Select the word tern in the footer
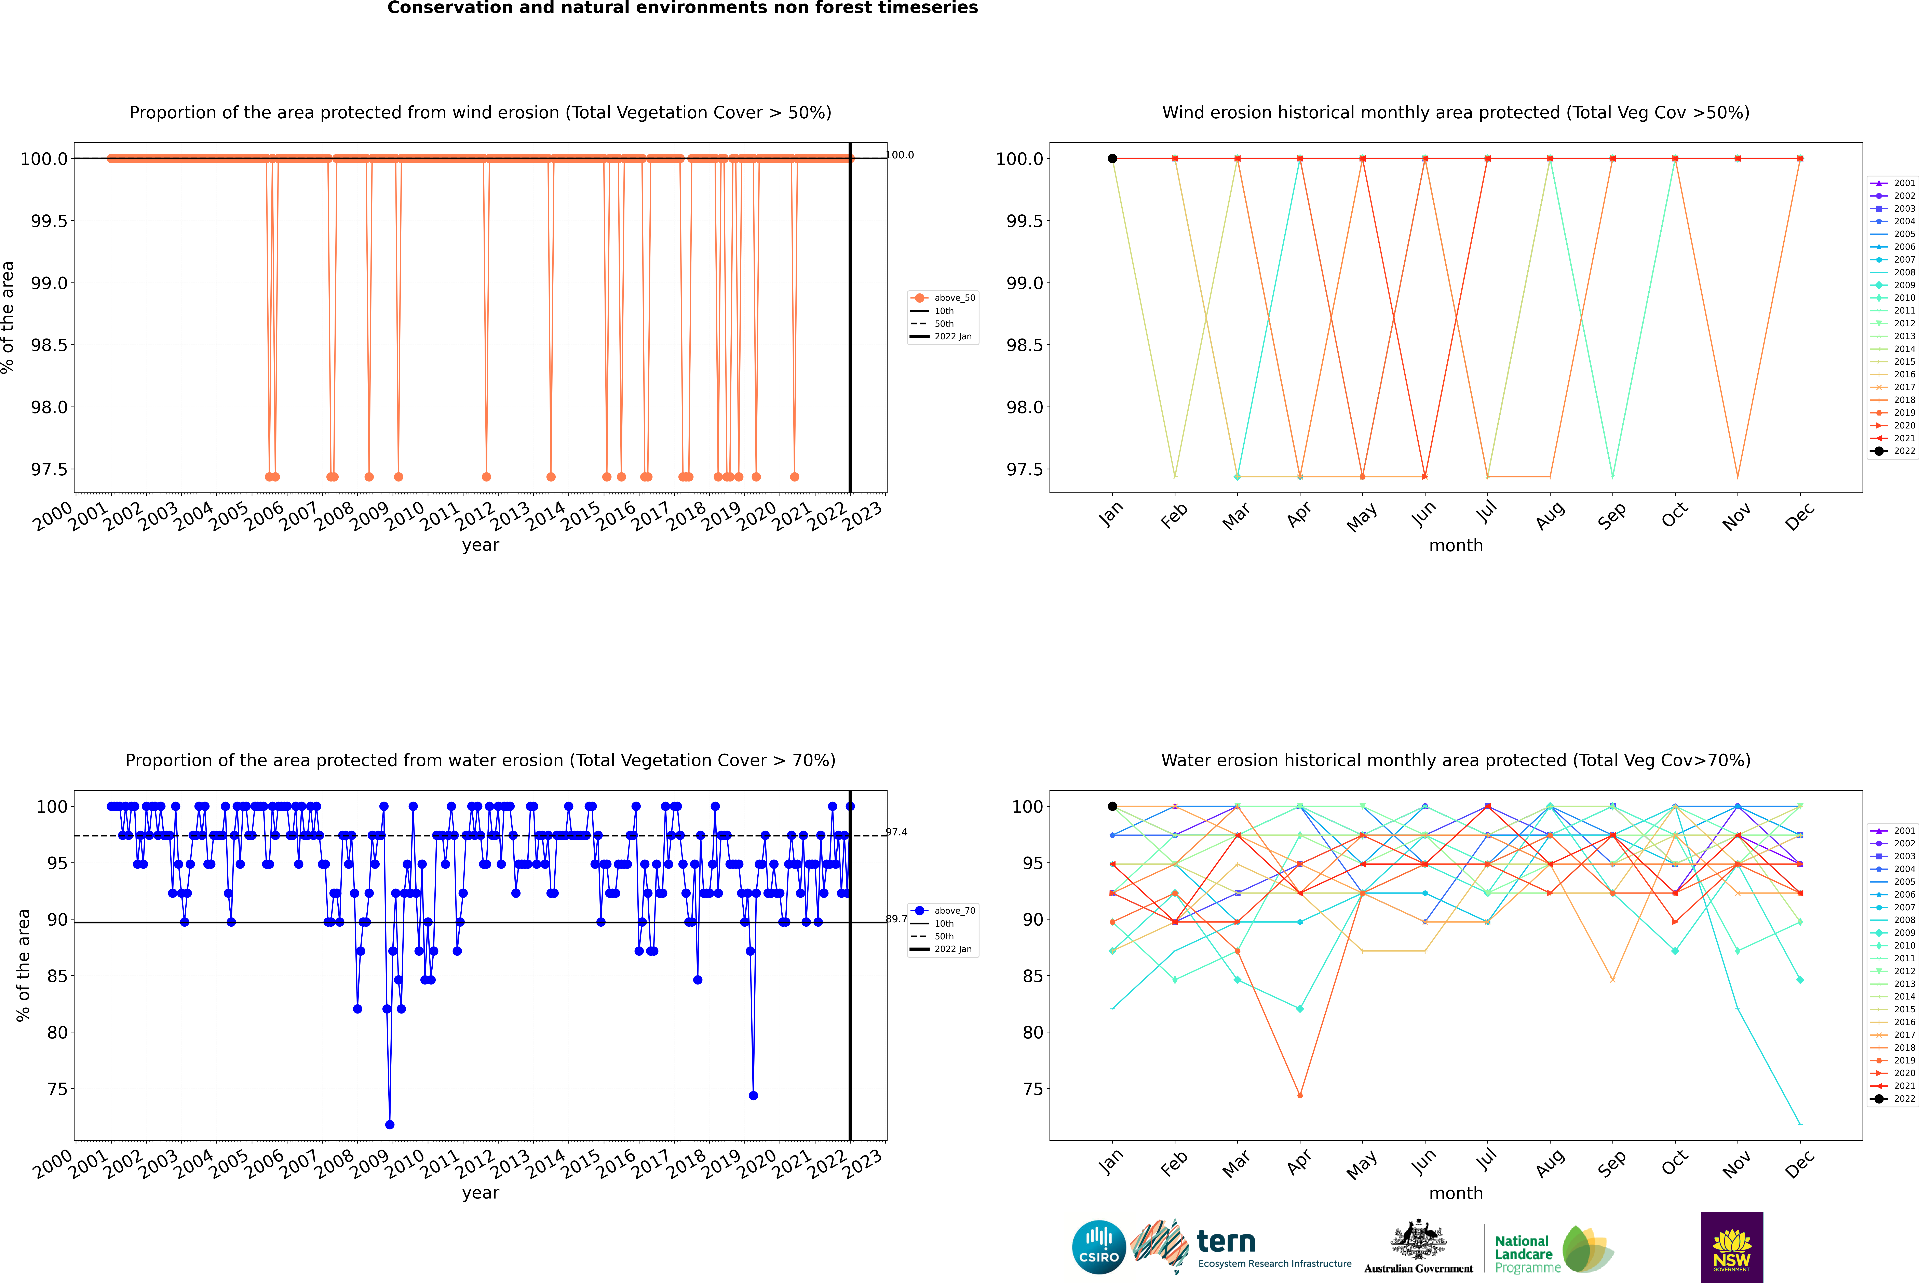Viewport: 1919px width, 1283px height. click(1225, 1241)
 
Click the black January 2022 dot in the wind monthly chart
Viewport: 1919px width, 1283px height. click(1112, 159)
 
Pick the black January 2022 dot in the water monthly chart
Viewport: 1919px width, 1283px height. click(1112, 806)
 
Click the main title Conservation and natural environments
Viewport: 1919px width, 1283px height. click(682, 8)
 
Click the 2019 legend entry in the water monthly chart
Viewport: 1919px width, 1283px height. click(1903, 1060)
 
